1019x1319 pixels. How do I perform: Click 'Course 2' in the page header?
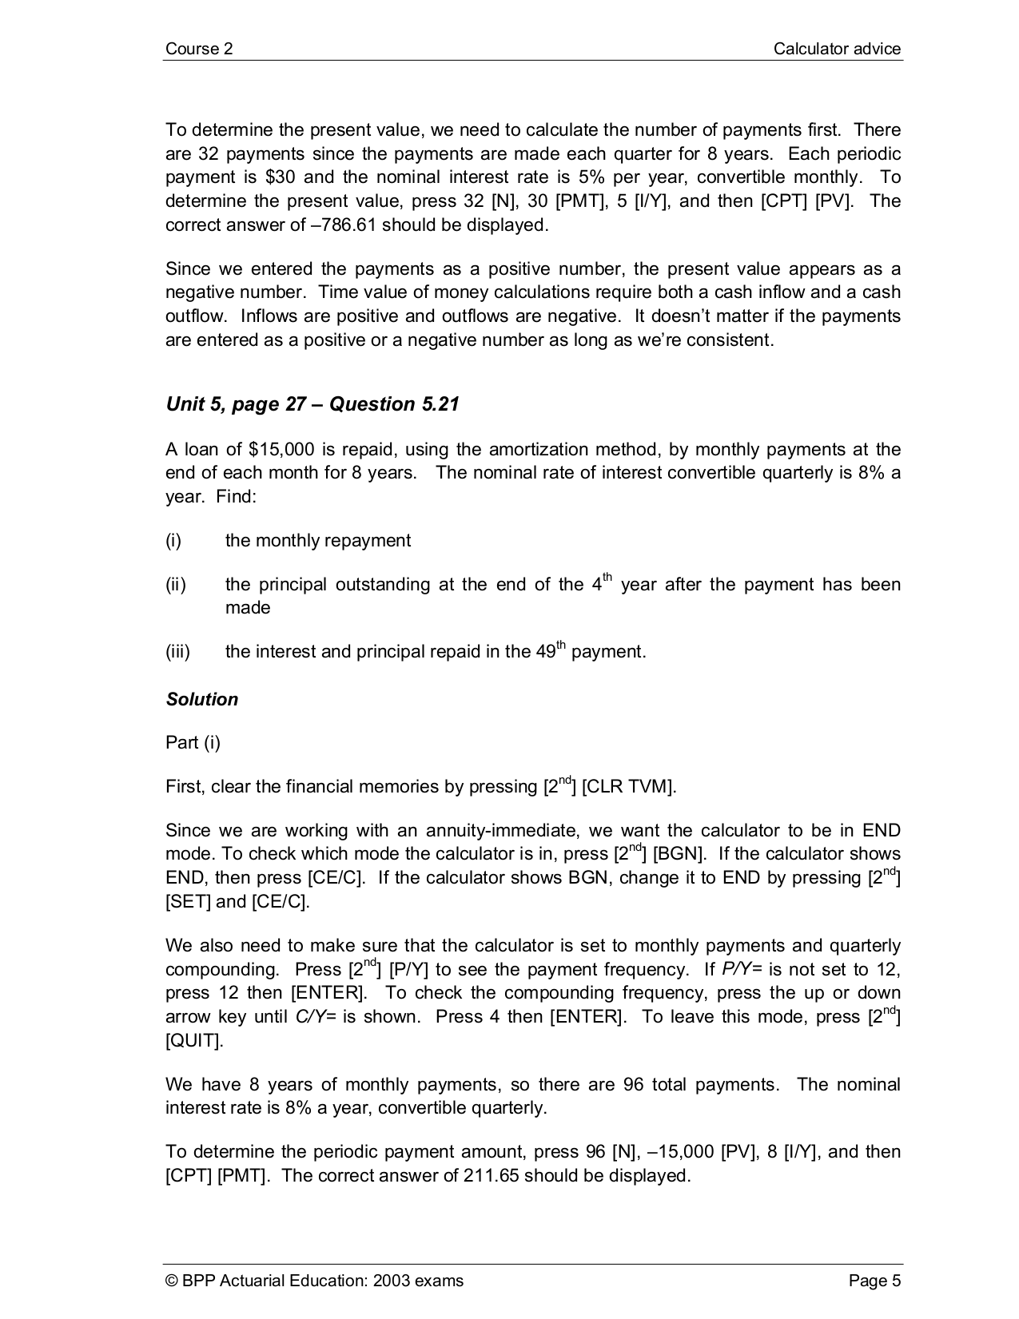tap(199, 49)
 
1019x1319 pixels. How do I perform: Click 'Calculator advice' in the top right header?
tap(837, 49)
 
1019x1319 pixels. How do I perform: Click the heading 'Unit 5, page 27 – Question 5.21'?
tap(312, 404)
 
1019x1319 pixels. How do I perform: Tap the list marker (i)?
tap(173, 541)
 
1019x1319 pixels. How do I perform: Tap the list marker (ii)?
tap(175, 585)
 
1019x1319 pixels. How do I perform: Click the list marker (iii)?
tap(177, 652)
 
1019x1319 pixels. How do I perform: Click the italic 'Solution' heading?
tap(202, 699)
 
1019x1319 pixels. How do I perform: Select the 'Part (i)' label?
tap(193, 743)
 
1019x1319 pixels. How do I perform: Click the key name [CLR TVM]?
tap(628, 787)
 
